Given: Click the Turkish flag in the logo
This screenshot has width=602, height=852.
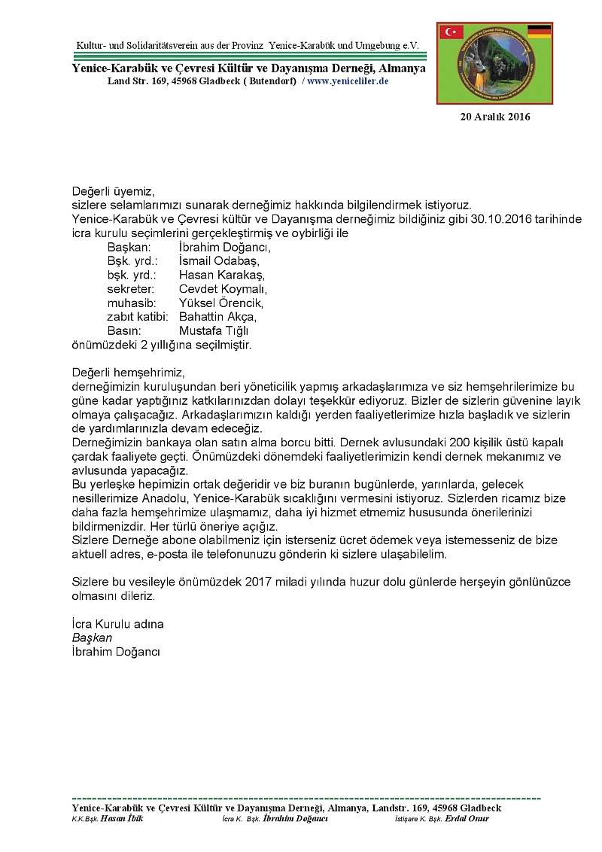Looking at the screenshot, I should (x=452, y=32).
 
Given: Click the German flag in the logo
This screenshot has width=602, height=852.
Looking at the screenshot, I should (x=539, y=31).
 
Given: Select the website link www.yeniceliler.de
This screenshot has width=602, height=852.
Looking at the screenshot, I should (x=348, y=81).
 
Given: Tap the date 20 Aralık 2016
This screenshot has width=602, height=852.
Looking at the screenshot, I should (x=495, y=117).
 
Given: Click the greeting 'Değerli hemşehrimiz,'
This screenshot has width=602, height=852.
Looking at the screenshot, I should (x=128, y=373).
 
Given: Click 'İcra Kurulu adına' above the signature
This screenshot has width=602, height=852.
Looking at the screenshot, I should (x=117, y=624).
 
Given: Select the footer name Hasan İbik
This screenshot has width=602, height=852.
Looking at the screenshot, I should (x=121, y=818).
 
